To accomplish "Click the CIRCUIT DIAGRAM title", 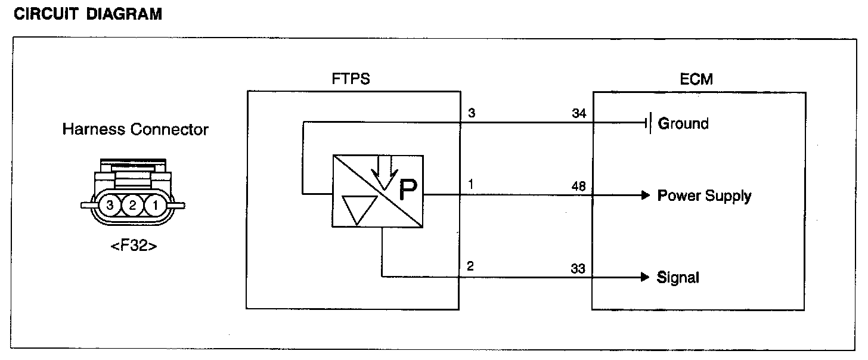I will click(x=87, y=14).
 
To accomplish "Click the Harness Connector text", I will click(x=135, y=130).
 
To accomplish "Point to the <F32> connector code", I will click(x=134, y=246).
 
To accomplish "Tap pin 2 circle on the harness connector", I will click(x=132, y=206).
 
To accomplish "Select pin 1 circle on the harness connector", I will click(x=155, y=206).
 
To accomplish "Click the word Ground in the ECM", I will click(x=683, y=124).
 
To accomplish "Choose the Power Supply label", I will click(x=704, y=196).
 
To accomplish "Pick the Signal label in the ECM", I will click(x=678, y=278).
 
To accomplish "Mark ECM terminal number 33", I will click(x=579, y=269).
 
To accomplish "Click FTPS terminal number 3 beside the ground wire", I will click(x=471, y=114).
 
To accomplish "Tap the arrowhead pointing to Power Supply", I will click(x=644, y=195).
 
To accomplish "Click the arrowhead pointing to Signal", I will click(x=644, y=277).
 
